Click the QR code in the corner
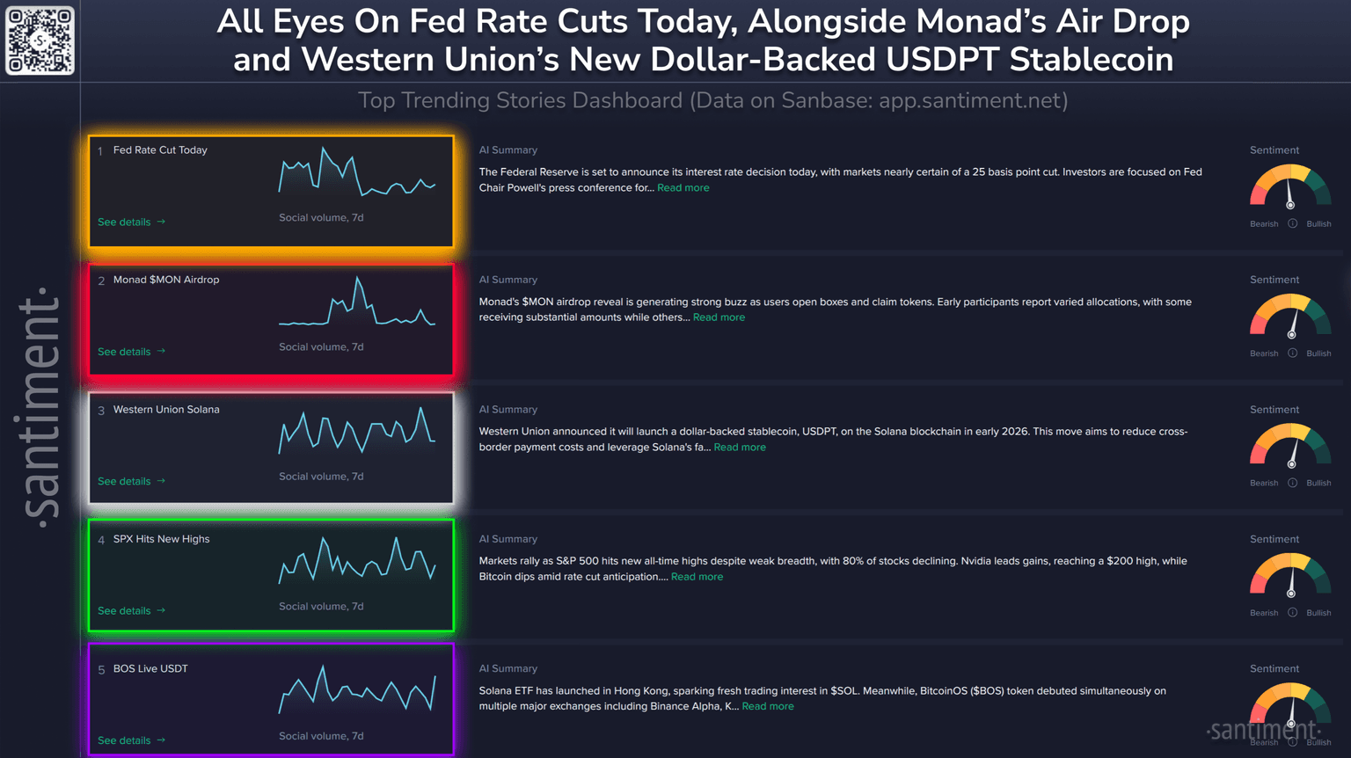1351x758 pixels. (40, 40)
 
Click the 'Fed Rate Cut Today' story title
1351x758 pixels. (160, 150)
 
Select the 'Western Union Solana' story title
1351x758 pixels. (166, 410)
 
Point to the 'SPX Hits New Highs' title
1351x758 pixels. (161, 539)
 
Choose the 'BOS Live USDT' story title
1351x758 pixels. (150, 669)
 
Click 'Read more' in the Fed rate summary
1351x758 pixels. (683, 188)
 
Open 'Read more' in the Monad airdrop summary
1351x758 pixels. (719, 317)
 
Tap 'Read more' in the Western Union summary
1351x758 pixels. (740, 448)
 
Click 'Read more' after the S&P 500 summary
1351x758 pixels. (697, 577)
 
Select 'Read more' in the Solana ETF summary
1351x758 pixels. (768, 706)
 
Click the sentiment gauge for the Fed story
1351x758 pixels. (1290, 186)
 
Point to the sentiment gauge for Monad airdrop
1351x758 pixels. (1290, 316)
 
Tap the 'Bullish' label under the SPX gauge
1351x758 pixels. (1318, 613)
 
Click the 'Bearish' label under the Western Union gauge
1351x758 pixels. (1264, 484)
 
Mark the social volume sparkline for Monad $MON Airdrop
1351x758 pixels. (357, 303)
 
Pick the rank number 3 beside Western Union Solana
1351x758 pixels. (101, 411)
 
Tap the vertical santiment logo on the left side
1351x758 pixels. (40, 406)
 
